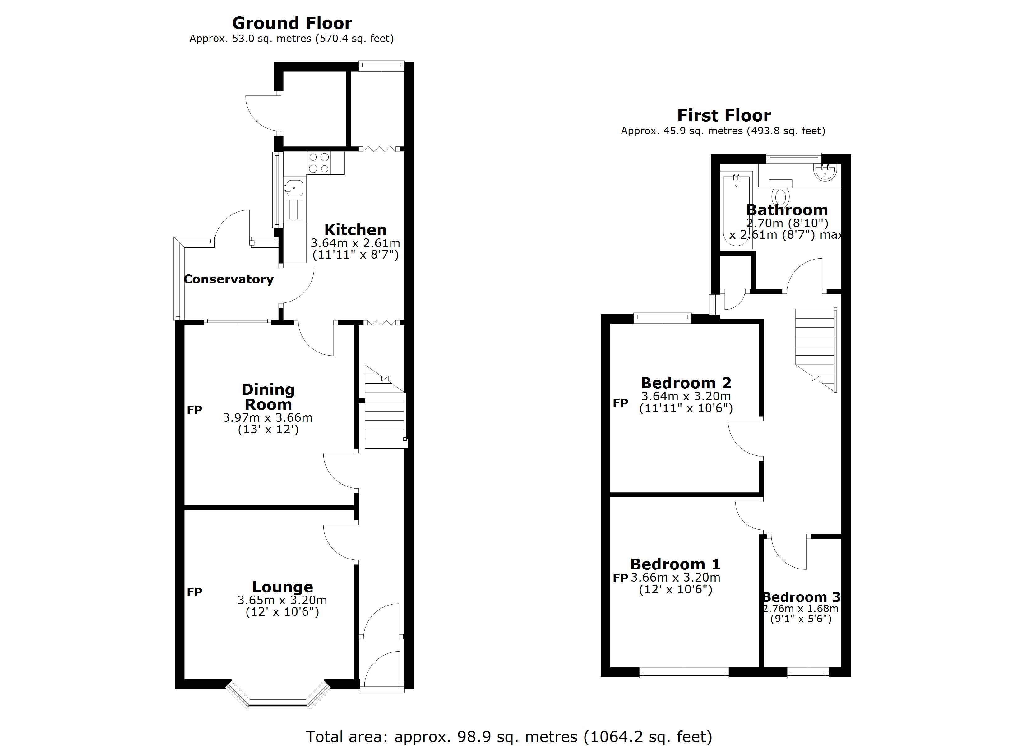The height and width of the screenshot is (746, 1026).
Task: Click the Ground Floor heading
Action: click(292, 23)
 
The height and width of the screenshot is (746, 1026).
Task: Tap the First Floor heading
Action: click(723, 116)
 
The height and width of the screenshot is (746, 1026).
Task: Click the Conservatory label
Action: click(229, 279)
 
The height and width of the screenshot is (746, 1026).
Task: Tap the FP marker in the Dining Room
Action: click(195, 410)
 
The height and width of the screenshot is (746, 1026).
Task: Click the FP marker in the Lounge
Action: click(195, 592)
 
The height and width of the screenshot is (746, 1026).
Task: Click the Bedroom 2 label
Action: click(686, 383)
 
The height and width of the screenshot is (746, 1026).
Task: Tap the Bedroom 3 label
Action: click(801, 597)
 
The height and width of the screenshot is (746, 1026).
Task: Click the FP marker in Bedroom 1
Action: click(620, 578)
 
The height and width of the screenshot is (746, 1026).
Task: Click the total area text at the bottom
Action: click(509, 736)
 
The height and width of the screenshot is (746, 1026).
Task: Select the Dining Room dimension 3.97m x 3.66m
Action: click(267, 417)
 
